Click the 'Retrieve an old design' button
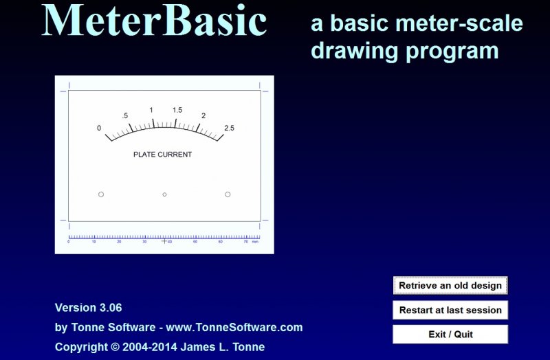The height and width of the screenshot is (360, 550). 450,285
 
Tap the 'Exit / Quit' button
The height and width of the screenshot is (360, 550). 450,334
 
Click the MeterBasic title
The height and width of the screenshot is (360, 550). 154,21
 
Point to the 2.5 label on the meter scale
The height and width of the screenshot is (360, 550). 229,128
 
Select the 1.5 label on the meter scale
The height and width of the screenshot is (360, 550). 177,110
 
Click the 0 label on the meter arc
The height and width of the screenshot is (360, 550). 99,128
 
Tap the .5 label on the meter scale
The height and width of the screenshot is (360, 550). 125,115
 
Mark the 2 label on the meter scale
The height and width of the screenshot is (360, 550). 203,115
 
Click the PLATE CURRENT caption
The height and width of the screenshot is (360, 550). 162,155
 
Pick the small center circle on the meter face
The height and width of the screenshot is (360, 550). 164,194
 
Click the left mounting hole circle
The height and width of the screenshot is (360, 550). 101,194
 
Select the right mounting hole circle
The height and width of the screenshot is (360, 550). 228,194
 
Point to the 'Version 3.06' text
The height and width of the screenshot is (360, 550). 89,308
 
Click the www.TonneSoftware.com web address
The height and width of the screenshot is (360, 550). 234,328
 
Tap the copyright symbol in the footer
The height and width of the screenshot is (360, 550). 115,347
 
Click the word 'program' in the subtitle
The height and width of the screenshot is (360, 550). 452,52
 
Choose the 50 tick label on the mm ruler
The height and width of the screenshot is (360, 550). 195,242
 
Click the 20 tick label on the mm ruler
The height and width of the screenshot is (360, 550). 119,242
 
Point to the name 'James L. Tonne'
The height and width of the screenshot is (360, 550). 222,347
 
